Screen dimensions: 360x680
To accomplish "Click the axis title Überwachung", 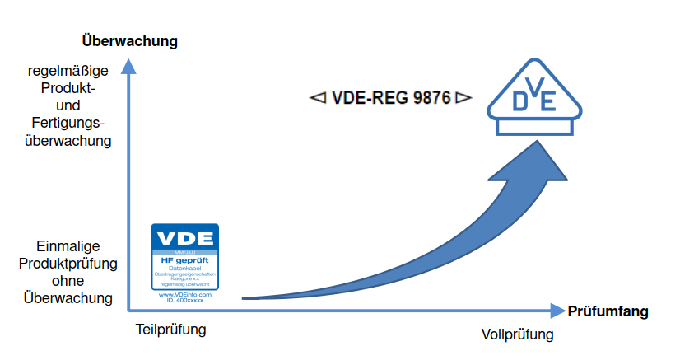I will click(x=130, y=40).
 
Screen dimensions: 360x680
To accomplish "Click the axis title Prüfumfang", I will click(x=608, y=311).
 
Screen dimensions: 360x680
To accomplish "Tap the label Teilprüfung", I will click(x=170, y=330).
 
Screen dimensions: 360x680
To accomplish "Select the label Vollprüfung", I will click(x=517, y=334).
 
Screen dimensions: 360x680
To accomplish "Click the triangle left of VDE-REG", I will click(x=317, y=98).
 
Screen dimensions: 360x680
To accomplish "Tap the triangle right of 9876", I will click(x=463, y=98).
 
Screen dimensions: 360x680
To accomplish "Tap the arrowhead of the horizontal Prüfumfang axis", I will click(x=556, y=311).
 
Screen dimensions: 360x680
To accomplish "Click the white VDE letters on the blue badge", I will click(x=185, y=239).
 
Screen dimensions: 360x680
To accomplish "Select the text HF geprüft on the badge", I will click(x=185, y=261).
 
